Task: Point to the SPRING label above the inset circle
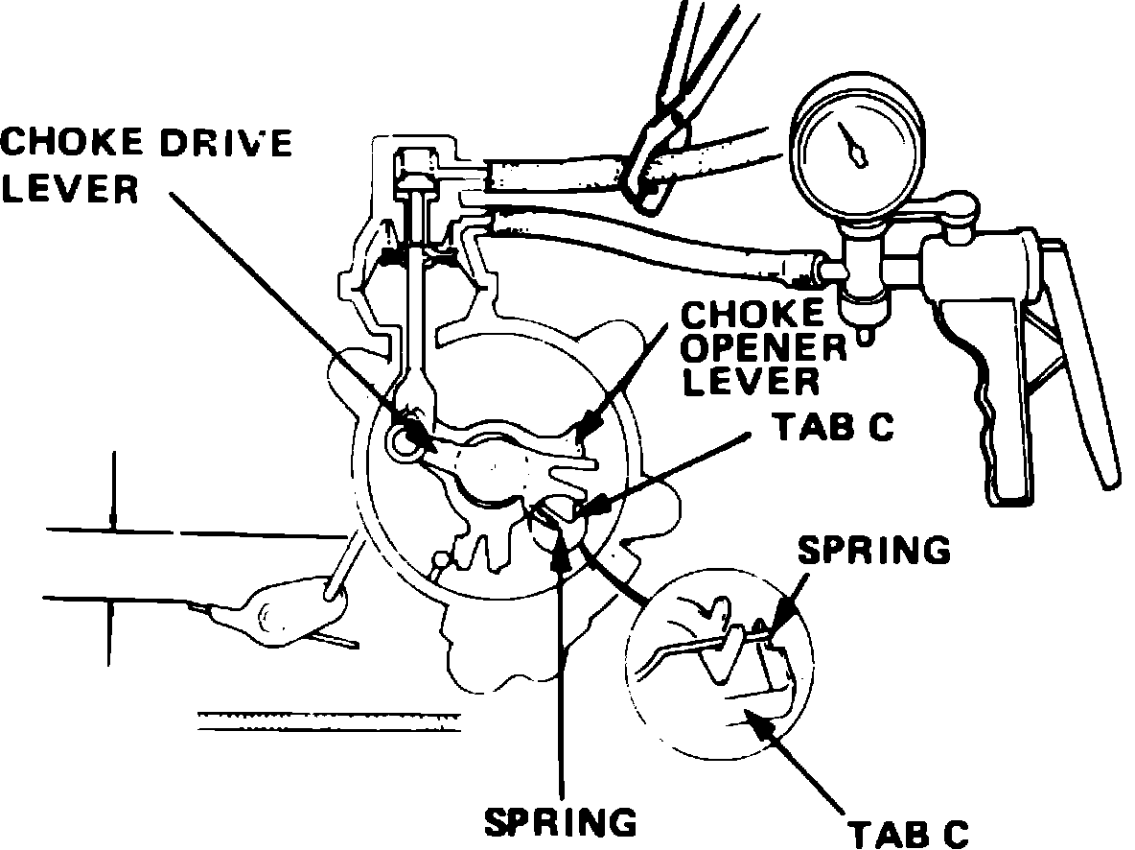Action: (x=873, y=551)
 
